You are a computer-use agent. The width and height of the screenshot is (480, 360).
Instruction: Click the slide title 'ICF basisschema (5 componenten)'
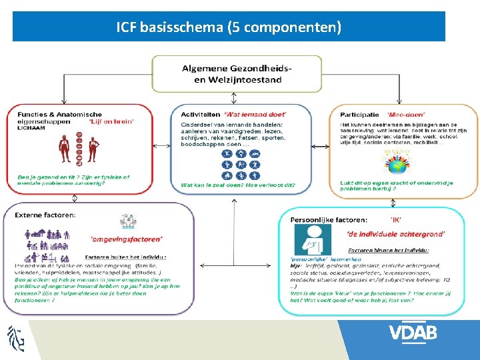point(229,27)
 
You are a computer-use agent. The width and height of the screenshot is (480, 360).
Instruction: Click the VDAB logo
point(413,333)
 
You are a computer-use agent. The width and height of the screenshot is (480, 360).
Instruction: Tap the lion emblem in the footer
point(16,338)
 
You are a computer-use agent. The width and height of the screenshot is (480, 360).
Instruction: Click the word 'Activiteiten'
point(199,115)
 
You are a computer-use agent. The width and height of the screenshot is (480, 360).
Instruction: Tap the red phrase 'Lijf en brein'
point(111,121)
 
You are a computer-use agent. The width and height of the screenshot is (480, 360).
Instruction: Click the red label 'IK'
point(395,218)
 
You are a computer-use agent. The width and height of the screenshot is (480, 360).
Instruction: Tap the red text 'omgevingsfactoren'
point(126,238)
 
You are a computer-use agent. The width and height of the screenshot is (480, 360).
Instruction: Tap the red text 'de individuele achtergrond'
point(395,233)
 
